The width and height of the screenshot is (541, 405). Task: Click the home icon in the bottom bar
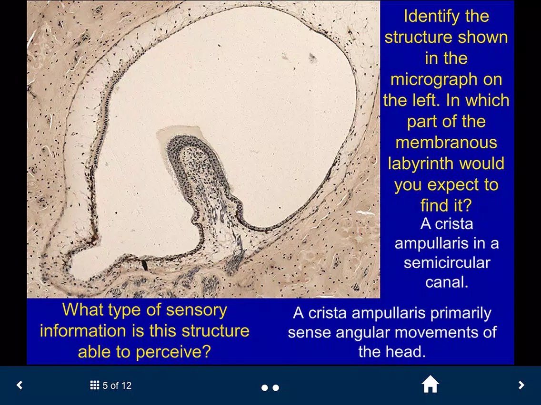click(430, 385)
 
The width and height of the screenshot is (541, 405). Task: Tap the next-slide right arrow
click(521, 385)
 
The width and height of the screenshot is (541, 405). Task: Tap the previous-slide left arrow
click(20, 385)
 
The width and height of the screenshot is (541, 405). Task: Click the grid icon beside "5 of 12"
click(95, 385)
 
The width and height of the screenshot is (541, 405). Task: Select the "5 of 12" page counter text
click(117, 386)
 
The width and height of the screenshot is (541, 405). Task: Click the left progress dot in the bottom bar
click(265, 388)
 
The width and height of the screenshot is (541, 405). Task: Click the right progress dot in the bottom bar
click(276, 388)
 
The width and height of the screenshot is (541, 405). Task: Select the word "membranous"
click(446, 143)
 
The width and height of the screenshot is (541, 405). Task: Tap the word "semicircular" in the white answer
click(447, 263)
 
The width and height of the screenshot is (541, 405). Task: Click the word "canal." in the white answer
click(447, 282)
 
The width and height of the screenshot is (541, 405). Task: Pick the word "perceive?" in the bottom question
click(173, 352)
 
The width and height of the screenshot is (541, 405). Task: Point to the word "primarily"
click(461, 314)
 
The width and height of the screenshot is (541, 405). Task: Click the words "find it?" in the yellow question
click(446, 206)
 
